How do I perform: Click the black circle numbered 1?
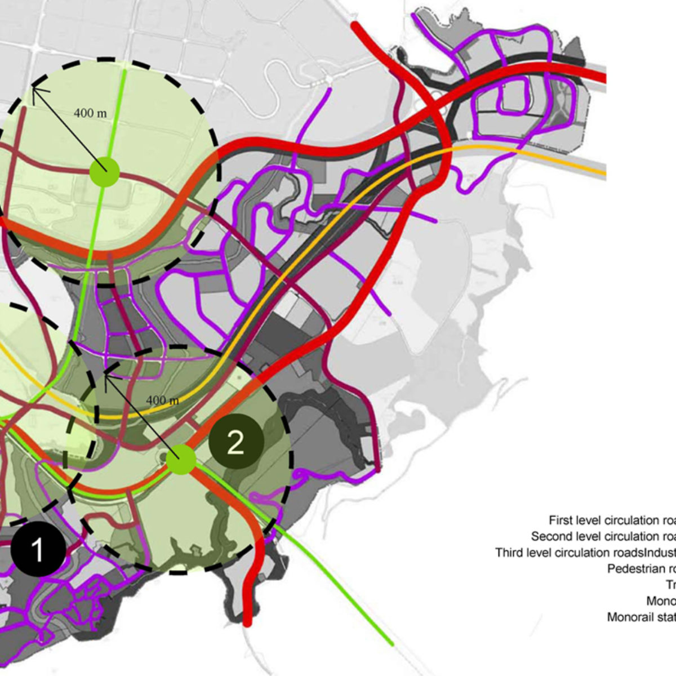(37, 549)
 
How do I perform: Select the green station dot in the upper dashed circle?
(104, 171)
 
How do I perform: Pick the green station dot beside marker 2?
(181, 460)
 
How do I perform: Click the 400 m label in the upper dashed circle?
(90, 113)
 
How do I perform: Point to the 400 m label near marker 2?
(163, 401)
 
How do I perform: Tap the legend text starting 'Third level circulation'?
(569, 553)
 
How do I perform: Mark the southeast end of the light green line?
(391, 644)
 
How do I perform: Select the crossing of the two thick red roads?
(434, 104)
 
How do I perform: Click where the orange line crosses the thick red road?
(445, 149)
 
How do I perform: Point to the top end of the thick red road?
(354, 25)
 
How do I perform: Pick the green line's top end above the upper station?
(126, 66)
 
